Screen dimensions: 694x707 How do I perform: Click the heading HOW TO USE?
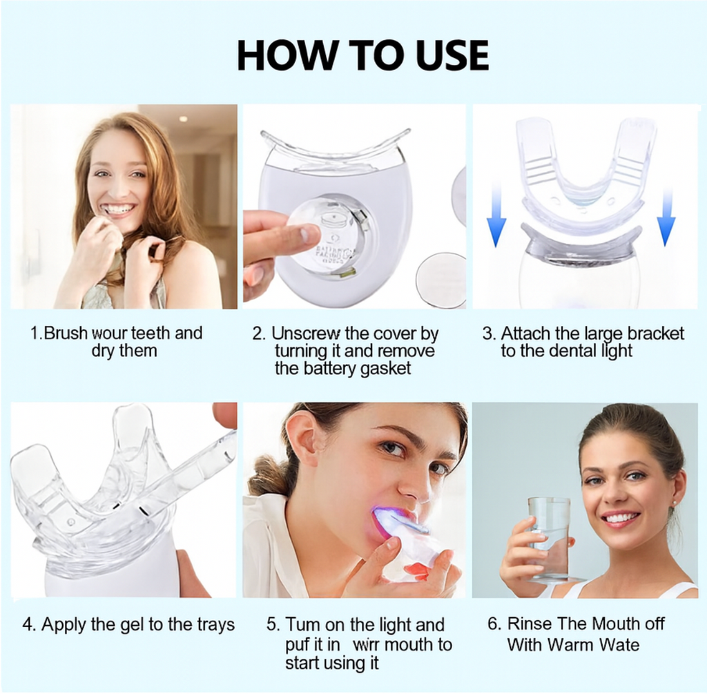pyautogui.click(x=362, y=56)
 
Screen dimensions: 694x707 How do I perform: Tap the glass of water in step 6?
pyautogui.click(x=549, y=539)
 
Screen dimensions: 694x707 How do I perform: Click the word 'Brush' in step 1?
pyautogui.click(x=66, y=334)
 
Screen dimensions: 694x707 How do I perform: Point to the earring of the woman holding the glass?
pyautogui.click(x=670, y=512)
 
